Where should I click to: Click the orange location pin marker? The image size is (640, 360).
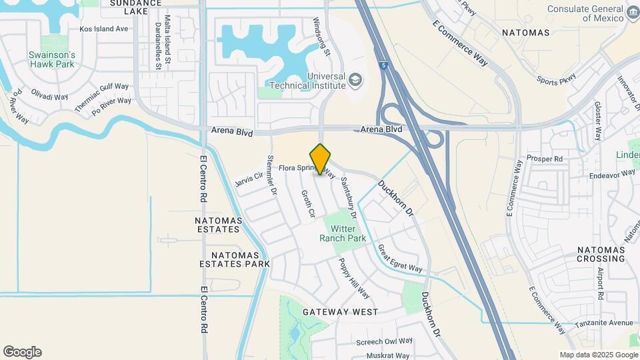(321, 159)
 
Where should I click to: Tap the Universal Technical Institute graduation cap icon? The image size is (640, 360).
(356, 81)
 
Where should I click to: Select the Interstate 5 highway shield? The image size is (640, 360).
(384, 65)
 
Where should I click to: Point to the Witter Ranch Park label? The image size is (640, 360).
(343, 233)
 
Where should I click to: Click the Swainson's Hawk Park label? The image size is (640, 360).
(52, 59)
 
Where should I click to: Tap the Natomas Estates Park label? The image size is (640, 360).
(235, 259)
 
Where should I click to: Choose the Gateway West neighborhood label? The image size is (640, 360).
(340, 312)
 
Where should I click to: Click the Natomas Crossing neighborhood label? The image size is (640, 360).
(600, 254)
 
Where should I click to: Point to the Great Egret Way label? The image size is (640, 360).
(400, 259)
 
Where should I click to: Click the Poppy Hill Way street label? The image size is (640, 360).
(353, 278)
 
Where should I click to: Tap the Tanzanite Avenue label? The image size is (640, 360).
(605, 323)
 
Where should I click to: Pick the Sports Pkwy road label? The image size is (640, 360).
(556, 81)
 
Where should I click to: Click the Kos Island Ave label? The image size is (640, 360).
(103, 29)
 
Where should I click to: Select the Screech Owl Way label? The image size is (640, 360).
(385, 342)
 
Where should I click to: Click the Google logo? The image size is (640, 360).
(22, 352)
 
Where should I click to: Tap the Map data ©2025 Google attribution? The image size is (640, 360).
(598, 355)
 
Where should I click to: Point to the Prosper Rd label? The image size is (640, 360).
(545, 159)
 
